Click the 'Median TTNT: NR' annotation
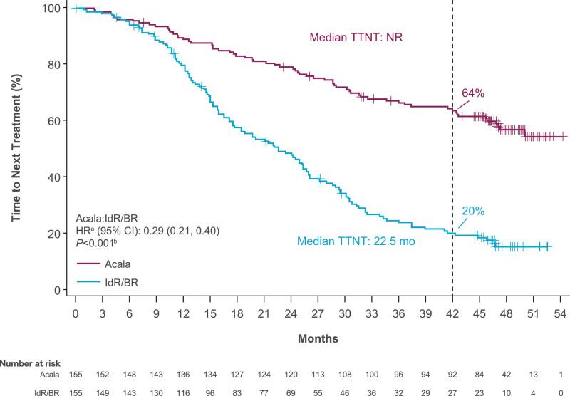coord(356,37)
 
